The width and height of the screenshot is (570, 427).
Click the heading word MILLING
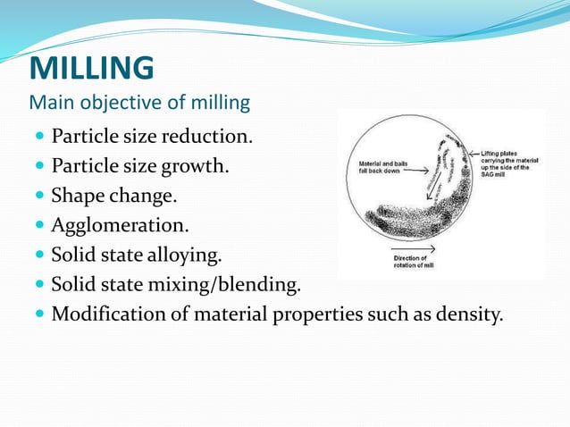pos(92,68)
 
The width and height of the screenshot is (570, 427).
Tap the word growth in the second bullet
pos(201,166)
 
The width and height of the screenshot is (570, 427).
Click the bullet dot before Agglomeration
pos(40,226)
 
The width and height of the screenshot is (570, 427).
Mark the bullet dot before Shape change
pos(40,197)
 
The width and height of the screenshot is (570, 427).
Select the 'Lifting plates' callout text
pos(507,161)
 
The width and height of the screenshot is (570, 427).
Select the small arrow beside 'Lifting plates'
pos(473,154)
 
